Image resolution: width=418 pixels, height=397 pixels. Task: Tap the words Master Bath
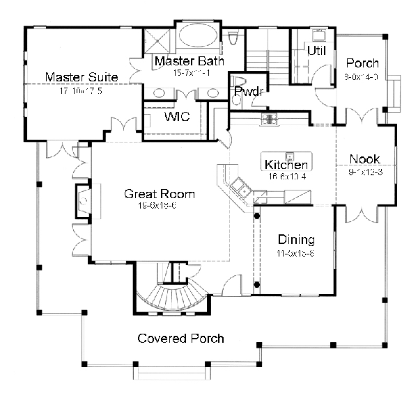point(189,61)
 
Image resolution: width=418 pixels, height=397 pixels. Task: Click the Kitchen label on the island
point(286,165)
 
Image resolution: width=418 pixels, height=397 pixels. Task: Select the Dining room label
point(296,240)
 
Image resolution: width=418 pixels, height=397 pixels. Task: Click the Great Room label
point(160,194)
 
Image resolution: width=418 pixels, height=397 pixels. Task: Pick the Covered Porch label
point(181,339)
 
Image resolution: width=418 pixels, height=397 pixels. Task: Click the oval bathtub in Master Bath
point(189,33)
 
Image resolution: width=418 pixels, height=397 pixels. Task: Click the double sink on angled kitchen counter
point(241,186)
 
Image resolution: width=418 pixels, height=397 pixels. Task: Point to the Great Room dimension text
point(160,206)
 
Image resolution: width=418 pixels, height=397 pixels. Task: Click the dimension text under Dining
point(296,252)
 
